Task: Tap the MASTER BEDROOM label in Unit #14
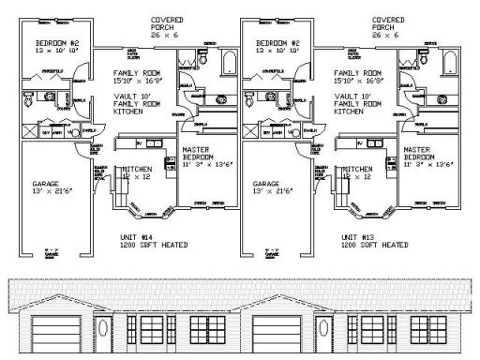click(198, 154)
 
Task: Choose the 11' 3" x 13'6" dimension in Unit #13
click(429, 165)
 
